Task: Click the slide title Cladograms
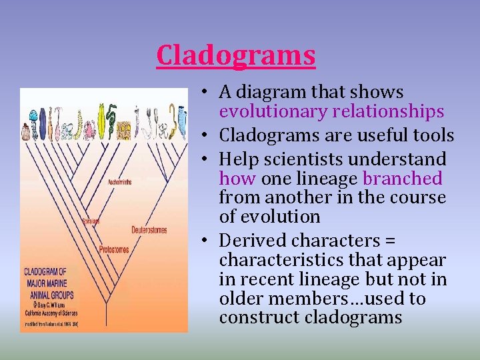(x=235, y=55)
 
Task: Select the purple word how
(x=237, y=179)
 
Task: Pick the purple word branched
(x=402, y=179)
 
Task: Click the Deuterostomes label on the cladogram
(x=149, y=230)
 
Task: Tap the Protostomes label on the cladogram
(x=114, y=249)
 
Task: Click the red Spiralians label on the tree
(x=91, y=220)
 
